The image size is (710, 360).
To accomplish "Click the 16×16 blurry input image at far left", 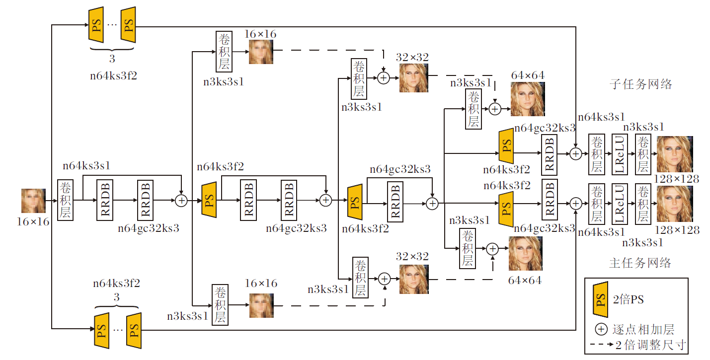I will coord(33,201).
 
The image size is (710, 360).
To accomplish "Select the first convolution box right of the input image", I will coord(65,200).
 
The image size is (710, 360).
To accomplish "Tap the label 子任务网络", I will coord(640,84).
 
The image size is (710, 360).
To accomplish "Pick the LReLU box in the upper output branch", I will coord(619,154).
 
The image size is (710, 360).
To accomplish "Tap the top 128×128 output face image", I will coord(674,154).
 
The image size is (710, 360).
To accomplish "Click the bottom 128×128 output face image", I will coord(674,204).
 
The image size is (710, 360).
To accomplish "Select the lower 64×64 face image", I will coord(525,253).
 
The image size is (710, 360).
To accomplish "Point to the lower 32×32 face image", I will coord(413,280).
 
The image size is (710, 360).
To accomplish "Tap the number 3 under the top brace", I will coord(112,59).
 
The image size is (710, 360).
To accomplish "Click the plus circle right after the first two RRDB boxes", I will coord(181,200).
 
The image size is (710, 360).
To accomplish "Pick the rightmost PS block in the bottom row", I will coord(133,330).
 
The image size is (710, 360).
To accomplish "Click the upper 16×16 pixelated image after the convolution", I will coord(261,52).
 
